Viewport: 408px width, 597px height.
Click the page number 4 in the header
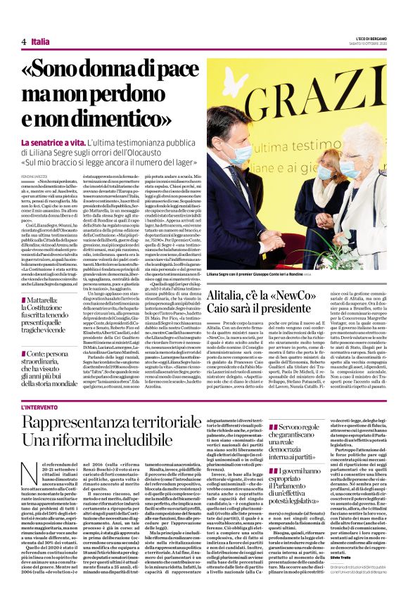(x=23, y=42)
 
